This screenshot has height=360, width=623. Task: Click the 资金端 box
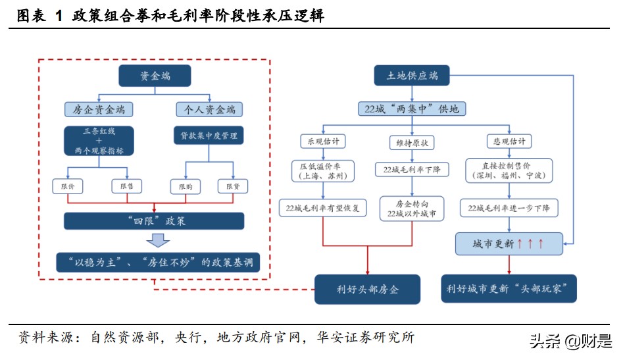[x=155, y=76]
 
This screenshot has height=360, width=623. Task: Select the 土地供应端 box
[x=412, y=76]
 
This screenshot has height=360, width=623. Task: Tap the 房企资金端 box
[x=99, y=109]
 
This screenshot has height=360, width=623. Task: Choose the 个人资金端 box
[x=209, y=109]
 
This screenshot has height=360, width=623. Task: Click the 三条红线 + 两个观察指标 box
[x=99, y=141]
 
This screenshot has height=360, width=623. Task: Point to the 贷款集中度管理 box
[x=209, y=136]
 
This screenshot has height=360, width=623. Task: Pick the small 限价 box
[x=68, y=187]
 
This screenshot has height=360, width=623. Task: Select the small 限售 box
[x=126, y=187]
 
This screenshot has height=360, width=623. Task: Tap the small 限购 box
[x=185, y=187]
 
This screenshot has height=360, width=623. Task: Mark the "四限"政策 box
[x=154, y=220]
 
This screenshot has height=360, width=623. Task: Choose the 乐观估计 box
[x=322, y=141]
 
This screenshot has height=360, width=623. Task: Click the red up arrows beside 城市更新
[x=531, y=244]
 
